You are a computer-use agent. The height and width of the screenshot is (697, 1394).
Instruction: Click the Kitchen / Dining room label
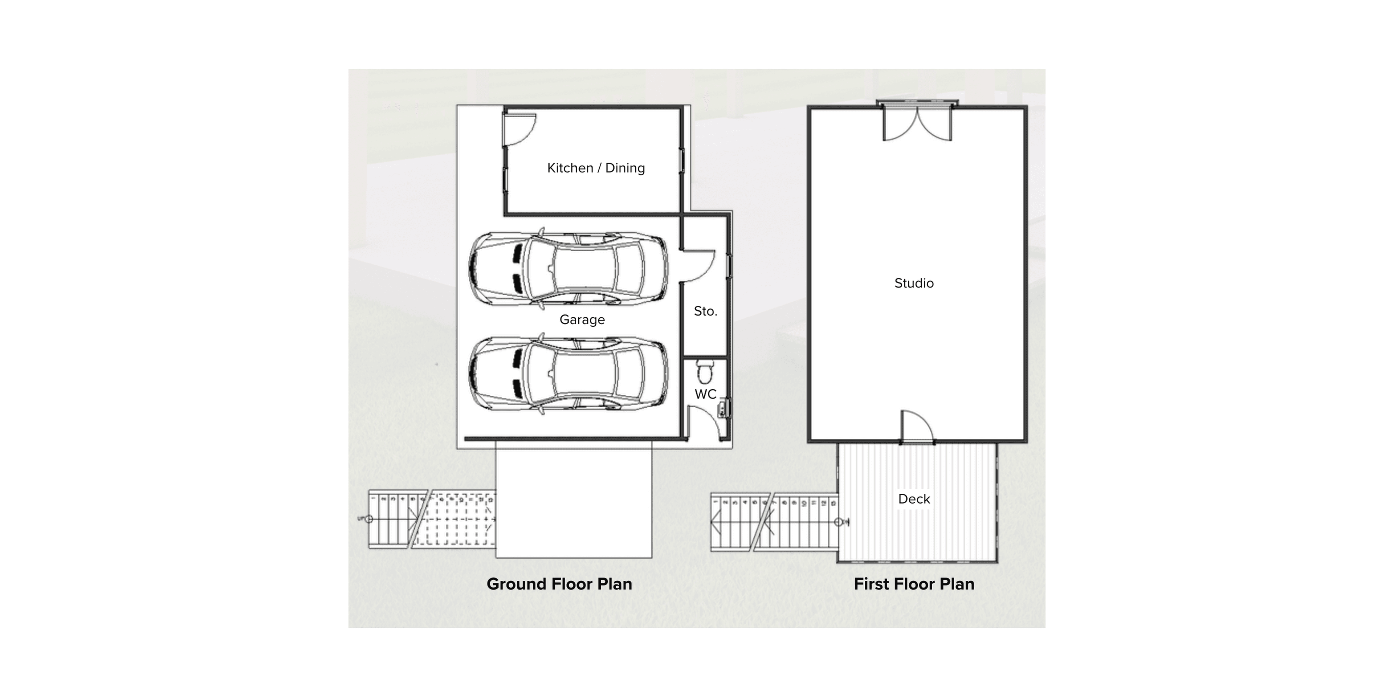pos(596,168)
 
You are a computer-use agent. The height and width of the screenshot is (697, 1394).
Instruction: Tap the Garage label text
pos(582,320)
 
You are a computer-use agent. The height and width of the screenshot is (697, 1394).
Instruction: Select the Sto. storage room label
pos(705,311)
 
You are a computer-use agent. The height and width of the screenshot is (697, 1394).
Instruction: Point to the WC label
pos(705,394)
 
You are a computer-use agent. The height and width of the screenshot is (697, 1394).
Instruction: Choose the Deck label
pos(914,499)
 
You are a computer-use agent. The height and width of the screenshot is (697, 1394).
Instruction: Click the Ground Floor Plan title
pos(559,584)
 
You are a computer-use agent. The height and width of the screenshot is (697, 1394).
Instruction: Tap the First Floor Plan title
pos(914,584)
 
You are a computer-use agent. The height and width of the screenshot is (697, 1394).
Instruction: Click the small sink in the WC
pos(724,408)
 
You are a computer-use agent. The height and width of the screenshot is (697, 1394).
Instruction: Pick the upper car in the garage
pos(568,269)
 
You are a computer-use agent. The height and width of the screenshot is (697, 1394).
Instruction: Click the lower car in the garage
pos(568,374)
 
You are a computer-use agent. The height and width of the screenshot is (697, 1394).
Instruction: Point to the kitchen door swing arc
pos(521,130)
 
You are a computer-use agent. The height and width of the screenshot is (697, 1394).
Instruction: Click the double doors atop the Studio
pos(917,123)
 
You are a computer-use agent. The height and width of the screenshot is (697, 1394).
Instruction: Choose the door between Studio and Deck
pos(916,428)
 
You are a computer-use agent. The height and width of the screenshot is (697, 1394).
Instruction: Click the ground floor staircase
pos(431,519)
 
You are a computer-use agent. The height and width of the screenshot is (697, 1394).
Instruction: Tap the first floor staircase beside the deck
pos(774,522)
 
